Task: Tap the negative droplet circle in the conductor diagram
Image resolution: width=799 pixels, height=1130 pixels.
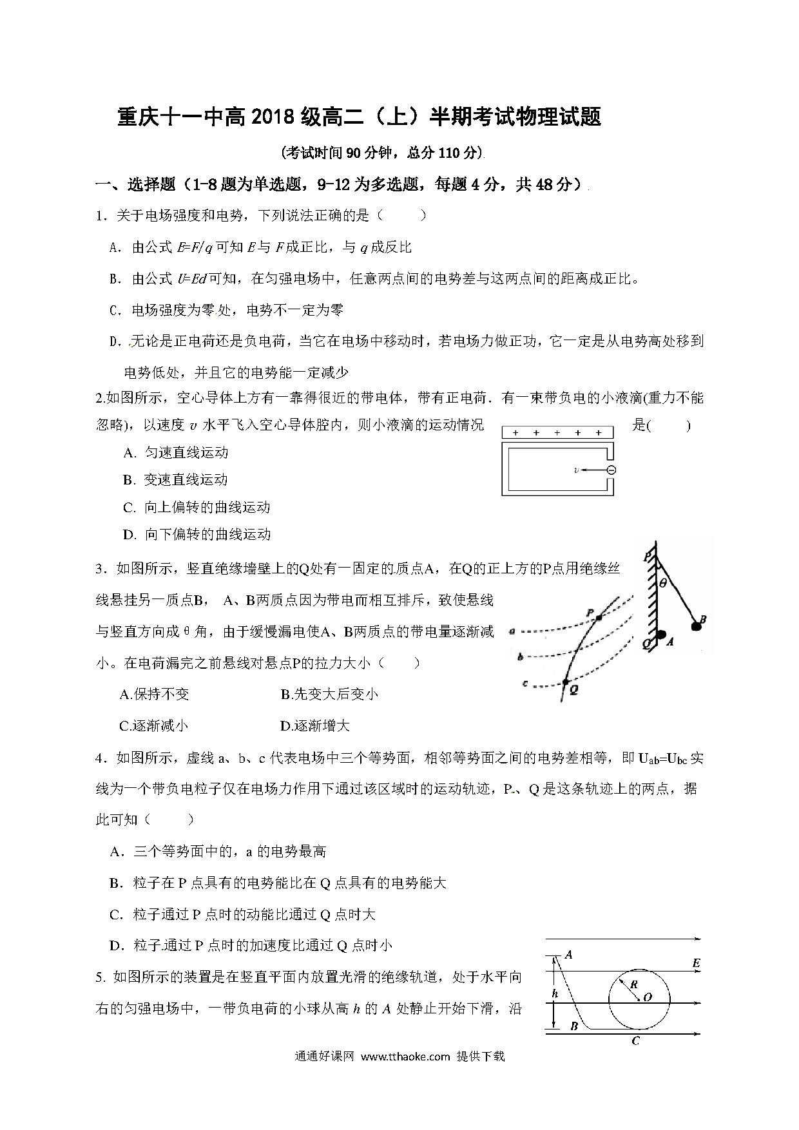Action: pos(611,470)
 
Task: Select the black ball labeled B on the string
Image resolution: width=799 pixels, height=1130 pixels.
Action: pos(696,625)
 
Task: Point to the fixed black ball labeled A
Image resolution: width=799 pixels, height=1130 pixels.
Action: pos(661,635)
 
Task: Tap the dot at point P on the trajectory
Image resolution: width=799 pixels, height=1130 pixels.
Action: pos(599,618)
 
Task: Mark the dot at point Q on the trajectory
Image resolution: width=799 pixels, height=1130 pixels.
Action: pos(565,681)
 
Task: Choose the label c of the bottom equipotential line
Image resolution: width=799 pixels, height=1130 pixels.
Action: pos(525,683)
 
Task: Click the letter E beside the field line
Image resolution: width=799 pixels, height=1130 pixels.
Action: pos(696,963)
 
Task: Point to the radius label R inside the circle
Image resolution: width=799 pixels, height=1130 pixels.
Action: pos(633,984)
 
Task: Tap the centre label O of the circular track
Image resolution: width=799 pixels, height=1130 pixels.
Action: pos(648,997)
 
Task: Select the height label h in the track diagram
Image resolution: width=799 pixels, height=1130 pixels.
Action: pos(555,994)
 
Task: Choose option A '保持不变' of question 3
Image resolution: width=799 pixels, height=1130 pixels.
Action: pos(155,694)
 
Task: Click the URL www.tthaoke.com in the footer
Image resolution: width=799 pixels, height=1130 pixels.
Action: pos(405,1057)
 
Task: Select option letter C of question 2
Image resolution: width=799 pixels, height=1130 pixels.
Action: pos(129,508)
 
